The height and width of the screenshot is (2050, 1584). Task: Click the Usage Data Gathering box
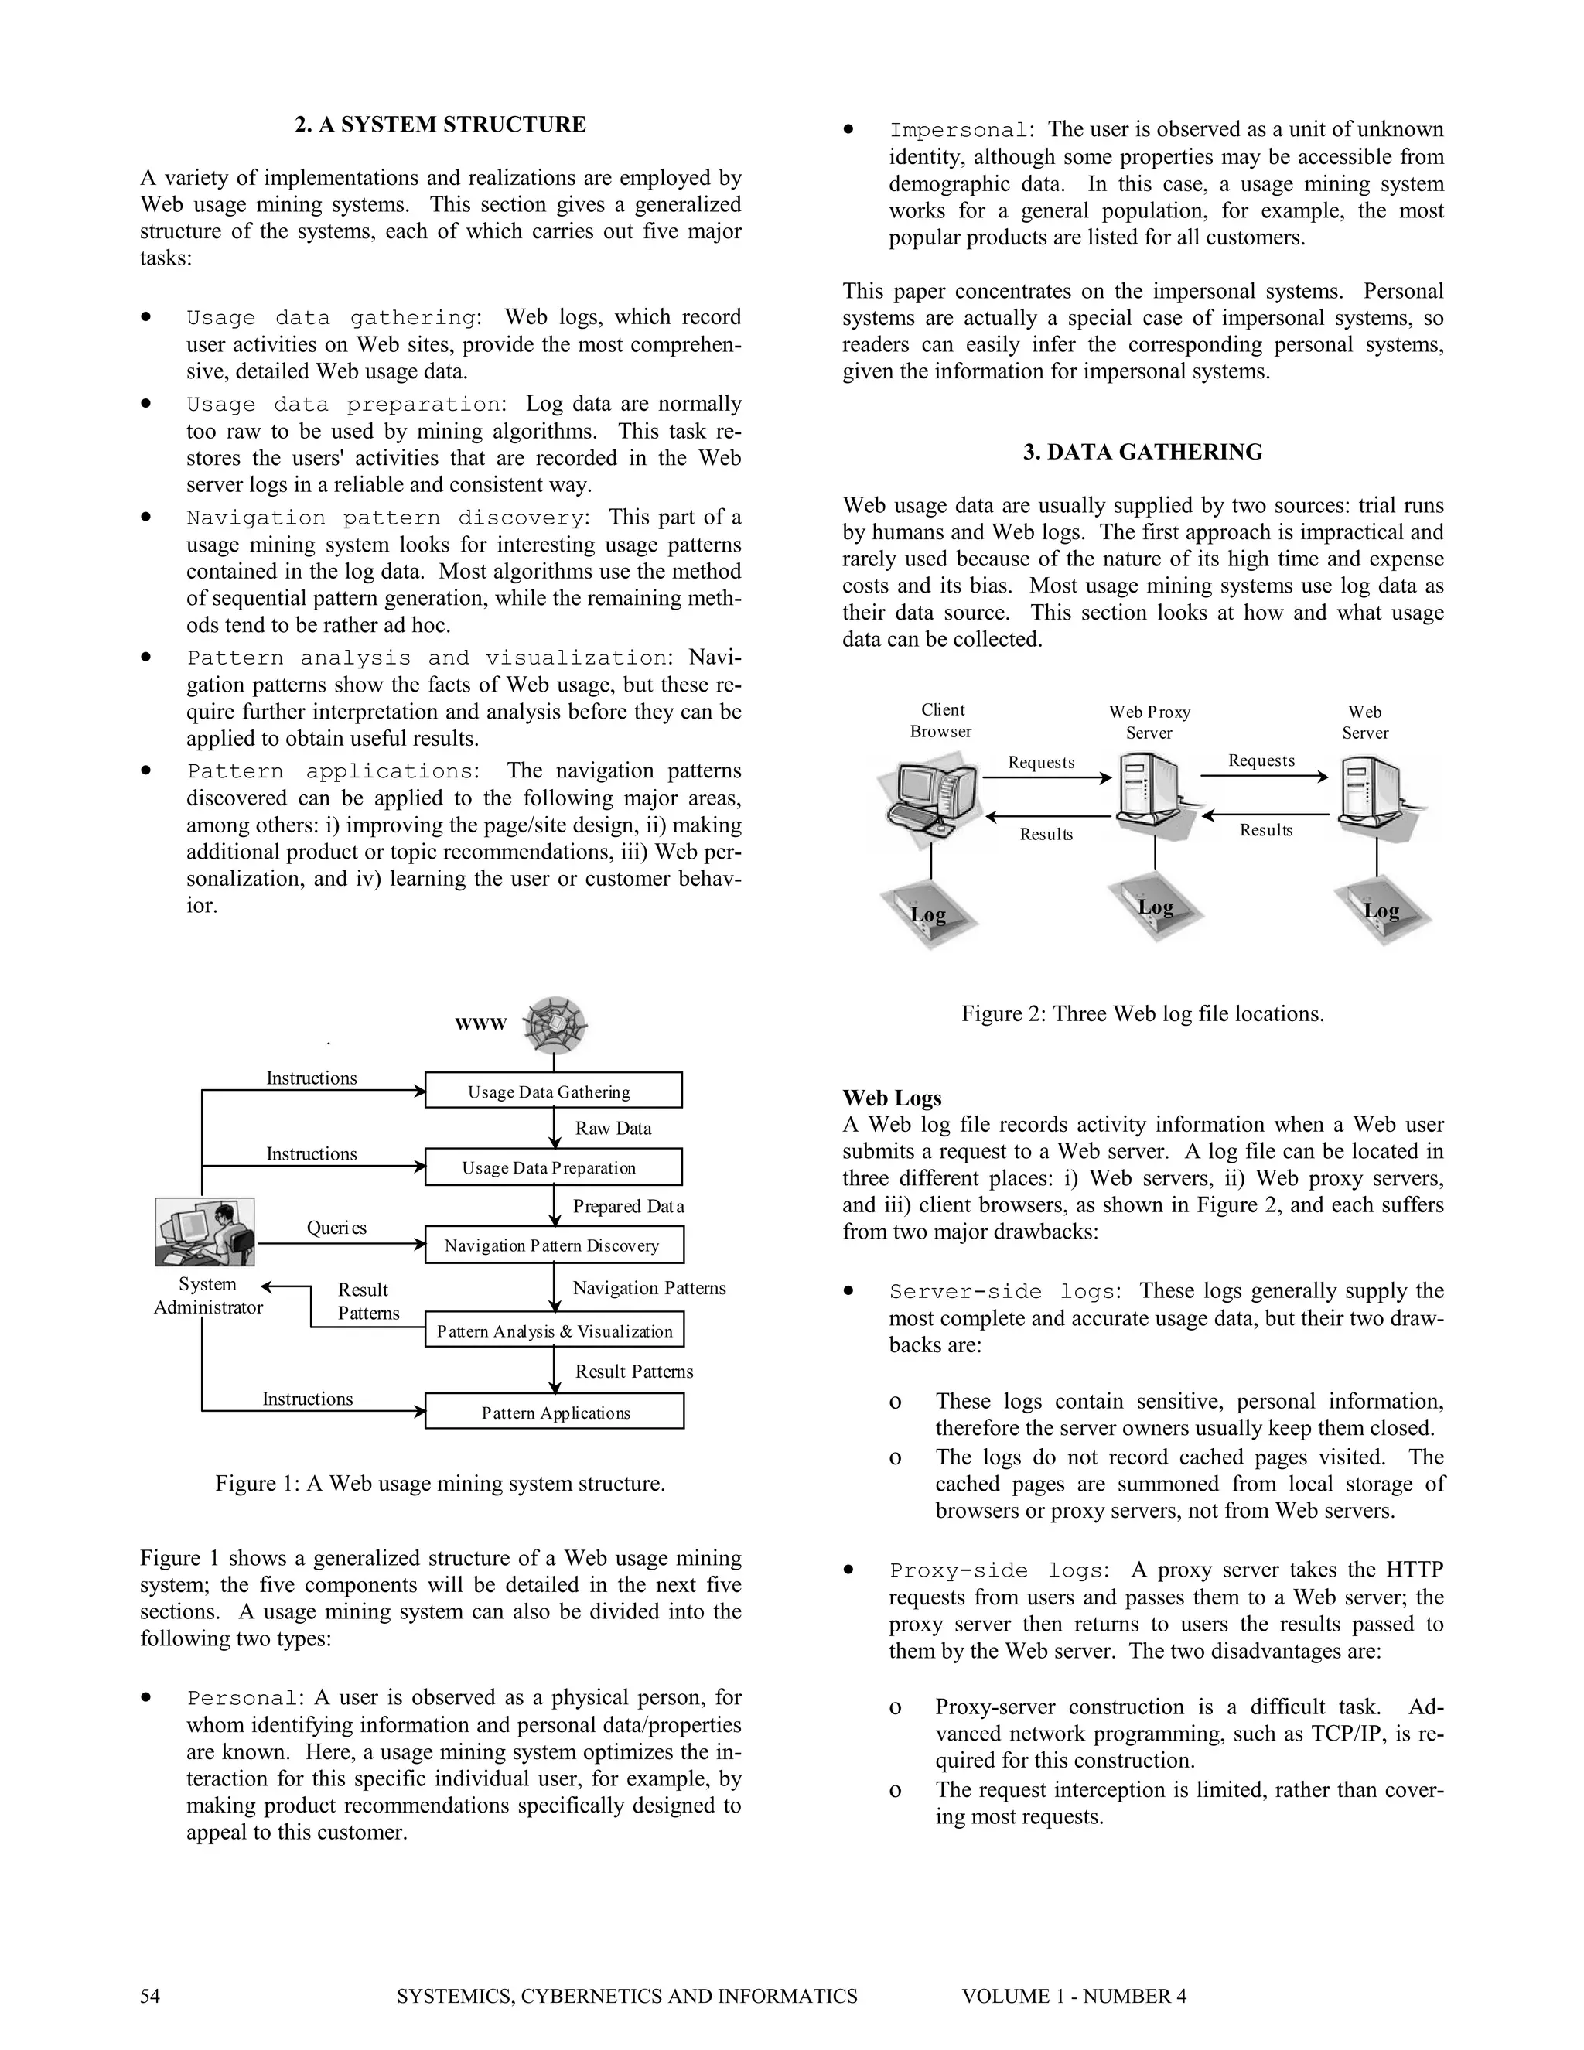coord(554,1091)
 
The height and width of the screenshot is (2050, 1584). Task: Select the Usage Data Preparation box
coord(554,1167)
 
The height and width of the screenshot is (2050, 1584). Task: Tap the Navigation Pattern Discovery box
coord(554,1245)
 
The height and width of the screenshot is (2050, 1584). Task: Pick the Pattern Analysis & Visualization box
coord(554,1330)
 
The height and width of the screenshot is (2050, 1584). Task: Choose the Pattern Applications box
coord(554,1412)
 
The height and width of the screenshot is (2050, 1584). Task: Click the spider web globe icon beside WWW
coord(555,1024)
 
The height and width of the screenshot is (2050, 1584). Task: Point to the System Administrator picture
coord(204,1232)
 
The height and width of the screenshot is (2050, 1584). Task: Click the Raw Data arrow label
coord(613,1128)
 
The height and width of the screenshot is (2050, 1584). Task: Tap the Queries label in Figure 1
coord(336,1228)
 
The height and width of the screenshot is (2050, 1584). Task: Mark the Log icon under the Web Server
coord(1381,911)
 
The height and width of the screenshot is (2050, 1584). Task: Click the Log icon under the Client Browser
coord(928,914)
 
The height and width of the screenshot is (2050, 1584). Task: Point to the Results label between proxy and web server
coord(1266,830)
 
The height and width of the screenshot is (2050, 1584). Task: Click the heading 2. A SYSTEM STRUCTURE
coord(440,125)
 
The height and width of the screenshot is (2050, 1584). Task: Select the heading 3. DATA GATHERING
coord(1142,453)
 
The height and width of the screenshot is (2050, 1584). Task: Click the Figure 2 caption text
coord(1142,1013)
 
